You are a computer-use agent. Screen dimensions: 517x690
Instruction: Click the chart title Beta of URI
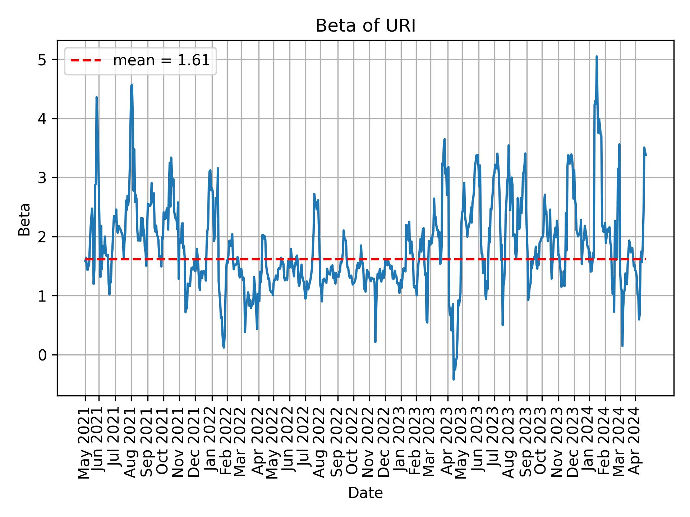365,26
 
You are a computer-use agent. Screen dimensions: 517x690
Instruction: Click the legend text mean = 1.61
161,61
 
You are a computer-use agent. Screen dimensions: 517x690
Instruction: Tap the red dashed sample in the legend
86,61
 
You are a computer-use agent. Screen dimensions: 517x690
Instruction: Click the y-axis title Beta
24,219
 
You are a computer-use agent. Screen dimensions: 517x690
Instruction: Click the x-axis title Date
365,493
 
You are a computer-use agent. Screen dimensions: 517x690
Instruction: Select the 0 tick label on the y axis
42,355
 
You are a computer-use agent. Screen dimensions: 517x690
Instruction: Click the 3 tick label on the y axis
42,178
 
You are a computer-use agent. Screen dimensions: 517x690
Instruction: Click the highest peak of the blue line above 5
597,56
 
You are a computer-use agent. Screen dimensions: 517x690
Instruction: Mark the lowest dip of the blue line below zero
454,379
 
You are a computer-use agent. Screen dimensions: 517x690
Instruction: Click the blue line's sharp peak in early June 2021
96,97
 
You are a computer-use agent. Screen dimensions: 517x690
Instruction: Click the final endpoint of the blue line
646,155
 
